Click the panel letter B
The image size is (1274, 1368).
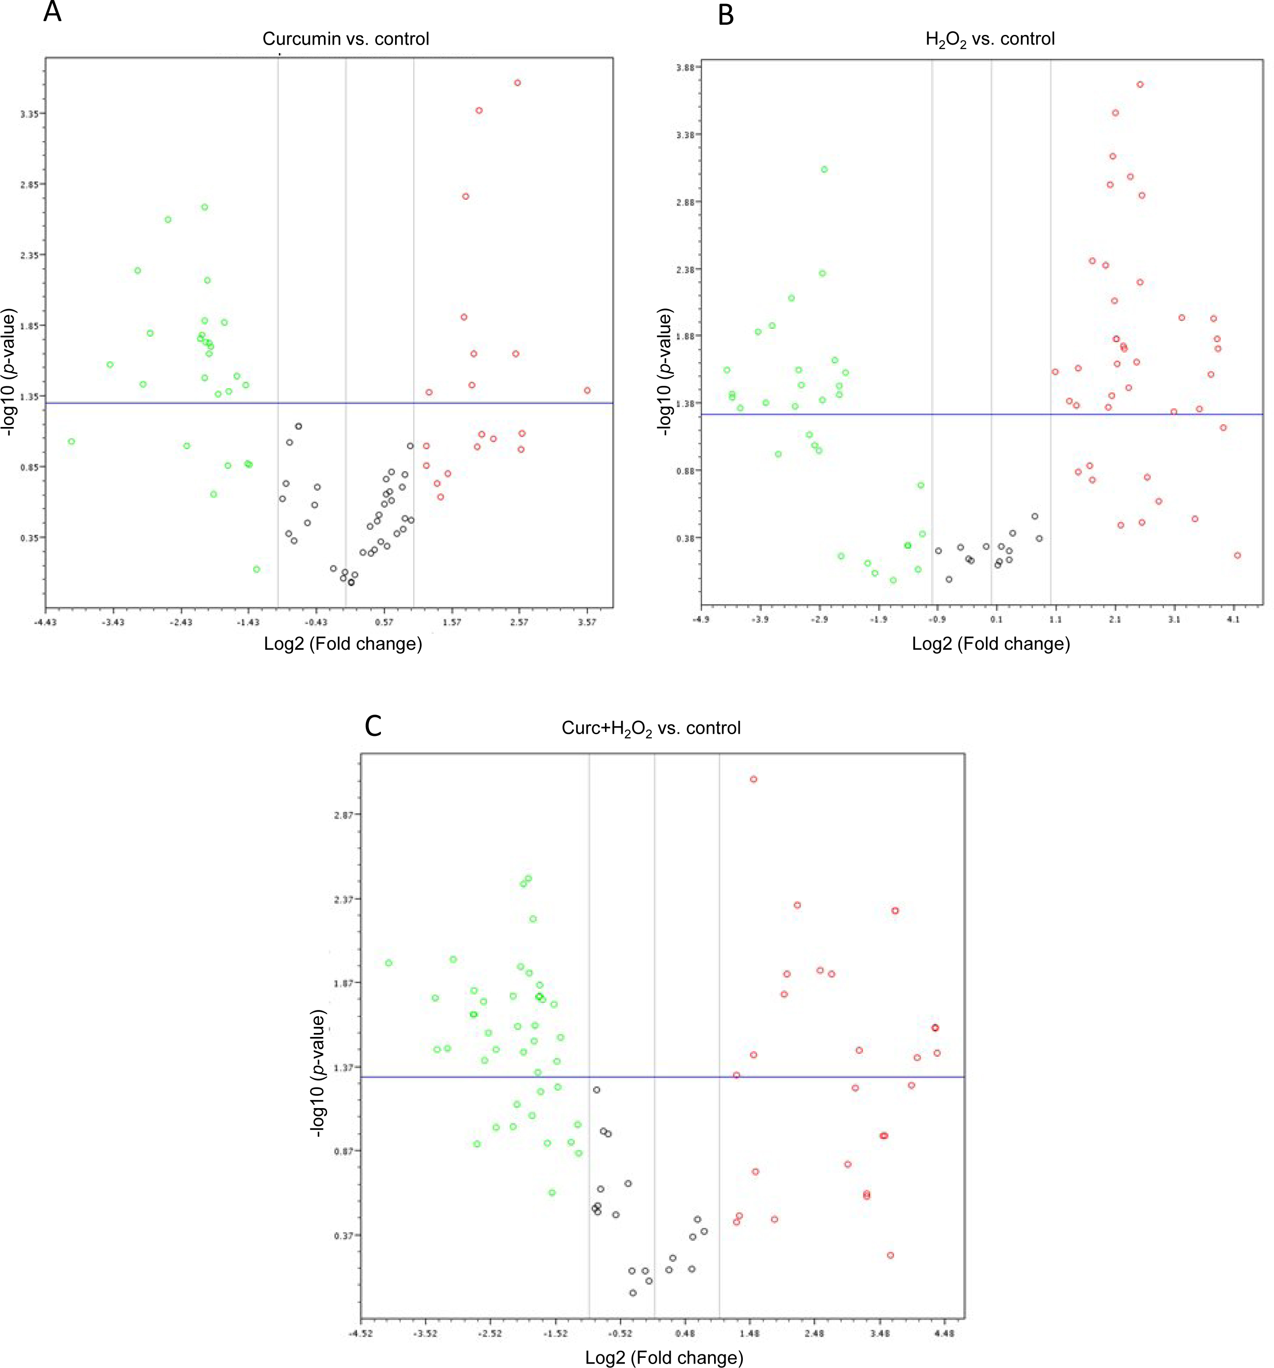[x=726, y=15]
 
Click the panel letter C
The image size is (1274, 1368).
[x=373, y=725]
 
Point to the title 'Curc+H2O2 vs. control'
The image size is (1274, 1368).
[x=651, y=728]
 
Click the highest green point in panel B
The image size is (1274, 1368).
[x=824, y=169]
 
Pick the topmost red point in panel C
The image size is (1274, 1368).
[x=753, y=779]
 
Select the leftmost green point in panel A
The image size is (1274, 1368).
[x=71, y=441]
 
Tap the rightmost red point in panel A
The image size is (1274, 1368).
[x=587, y=390]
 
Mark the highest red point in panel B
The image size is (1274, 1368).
[x=1140, y=84]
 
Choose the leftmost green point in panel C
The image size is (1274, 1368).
[x=389, y=963]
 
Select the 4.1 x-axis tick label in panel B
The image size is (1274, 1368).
[x=1233, y=619]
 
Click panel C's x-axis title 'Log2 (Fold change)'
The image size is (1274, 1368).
[x=664, y=1357]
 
